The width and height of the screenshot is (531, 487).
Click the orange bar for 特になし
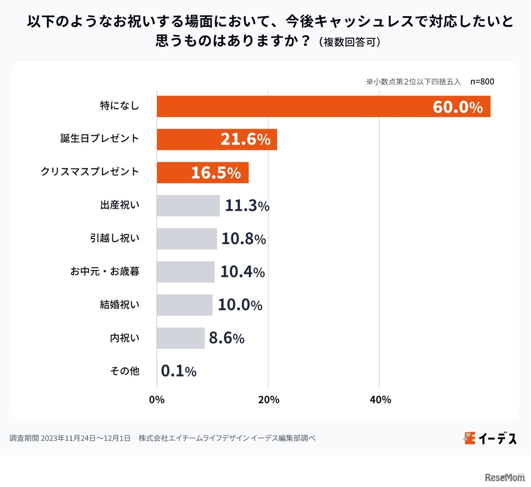290,107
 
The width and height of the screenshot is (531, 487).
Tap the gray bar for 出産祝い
188,206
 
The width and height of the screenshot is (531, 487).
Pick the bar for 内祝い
180,338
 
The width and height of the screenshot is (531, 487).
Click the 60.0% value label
458,107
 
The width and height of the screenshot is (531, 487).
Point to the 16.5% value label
216,173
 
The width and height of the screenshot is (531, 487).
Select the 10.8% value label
244,239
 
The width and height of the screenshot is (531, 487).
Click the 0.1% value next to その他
178,371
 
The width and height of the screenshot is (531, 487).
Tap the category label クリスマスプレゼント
90,172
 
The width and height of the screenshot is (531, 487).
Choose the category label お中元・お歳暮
105,271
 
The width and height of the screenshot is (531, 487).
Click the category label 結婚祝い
119,305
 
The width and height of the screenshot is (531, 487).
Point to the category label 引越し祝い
115,238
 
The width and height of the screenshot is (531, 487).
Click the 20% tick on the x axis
268,399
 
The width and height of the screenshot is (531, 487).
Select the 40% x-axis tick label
380,399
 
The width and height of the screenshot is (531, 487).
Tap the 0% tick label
157,399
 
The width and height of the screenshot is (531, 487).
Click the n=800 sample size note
482,82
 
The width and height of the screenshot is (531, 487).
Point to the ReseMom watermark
504,477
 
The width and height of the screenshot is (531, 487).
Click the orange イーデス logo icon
469,438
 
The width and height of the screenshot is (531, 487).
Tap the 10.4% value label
242,272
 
